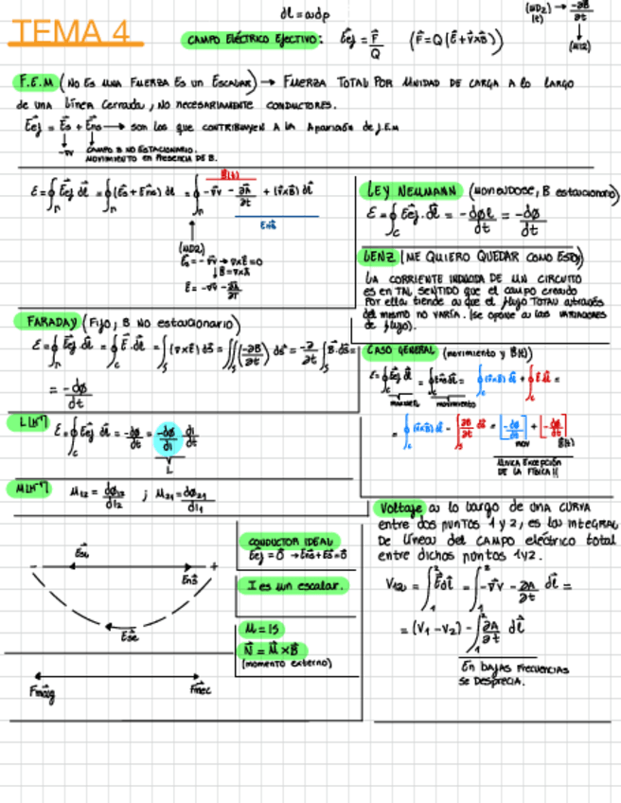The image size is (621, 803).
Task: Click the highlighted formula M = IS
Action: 261,629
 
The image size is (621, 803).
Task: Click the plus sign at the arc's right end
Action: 215,566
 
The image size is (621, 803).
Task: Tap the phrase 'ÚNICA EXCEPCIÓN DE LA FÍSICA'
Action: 534,466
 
